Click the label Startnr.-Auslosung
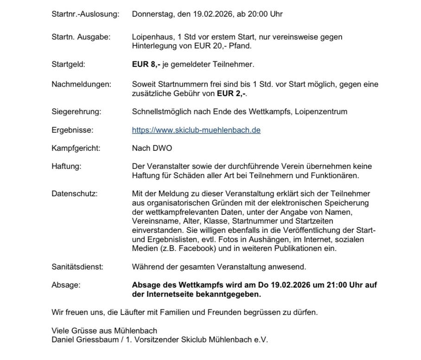point(85,14)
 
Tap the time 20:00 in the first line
point(258,14)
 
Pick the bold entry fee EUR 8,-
point(146,64)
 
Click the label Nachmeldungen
point(81,84)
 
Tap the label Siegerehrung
point(76,111)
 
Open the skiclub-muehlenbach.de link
point(196,130)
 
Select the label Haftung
point(66,166)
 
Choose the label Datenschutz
point(74,193)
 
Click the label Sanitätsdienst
point(77,267)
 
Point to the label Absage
point(65,285)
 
